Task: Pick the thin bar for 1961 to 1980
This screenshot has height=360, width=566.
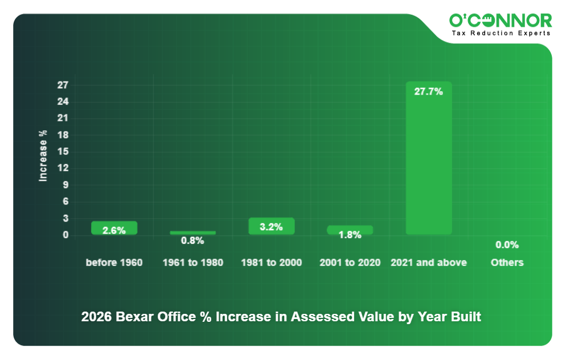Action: click(192, 232)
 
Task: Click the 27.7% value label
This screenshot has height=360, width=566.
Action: click(428, 91)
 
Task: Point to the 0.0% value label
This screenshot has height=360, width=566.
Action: click(507, 245)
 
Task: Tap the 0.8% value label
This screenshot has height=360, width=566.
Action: click(192, 241)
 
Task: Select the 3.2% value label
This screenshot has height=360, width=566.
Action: click(271, 227)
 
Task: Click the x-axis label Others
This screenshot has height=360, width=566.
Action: click(507, 263)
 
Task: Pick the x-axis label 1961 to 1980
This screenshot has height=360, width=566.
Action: click(192, 263)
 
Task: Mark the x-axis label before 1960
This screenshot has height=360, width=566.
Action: click(114, 263)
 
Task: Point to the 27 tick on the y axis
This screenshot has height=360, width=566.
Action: click(63, 85)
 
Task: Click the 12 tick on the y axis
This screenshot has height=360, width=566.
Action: click(63, 168)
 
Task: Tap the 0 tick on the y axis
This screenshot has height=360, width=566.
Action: click(65, 235)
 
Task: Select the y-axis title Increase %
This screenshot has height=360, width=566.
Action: click(43, 156)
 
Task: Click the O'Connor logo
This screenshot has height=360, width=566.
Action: click(501, 21)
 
